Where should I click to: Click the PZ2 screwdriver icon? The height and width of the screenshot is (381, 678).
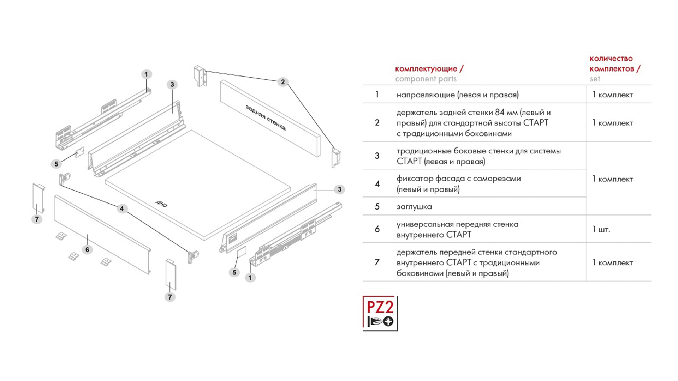(x=380, y=313)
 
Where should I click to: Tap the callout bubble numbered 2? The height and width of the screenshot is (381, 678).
(x=282, y=82)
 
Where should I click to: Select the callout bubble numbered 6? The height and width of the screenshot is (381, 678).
(x=87, y=250)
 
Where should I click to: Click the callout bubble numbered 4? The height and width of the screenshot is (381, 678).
(x=122, y=209)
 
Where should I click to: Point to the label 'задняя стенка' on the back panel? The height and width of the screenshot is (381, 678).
(x=266, y=118)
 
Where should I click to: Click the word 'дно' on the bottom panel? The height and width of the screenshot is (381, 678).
(x=161, y=204)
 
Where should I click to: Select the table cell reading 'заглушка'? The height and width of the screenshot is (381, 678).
(x=414, y=207)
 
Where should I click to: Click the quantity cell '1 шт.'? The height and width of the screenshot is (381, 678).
(x=601, y=230)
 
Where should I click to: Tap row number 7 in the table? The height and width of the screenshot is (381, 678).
(x=377, y=262)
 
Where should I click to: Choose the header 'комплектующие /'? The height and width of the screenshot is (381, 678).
(x=429, y=69)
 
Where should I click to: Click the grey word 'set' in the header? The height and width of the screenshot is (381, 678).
(x=595, y=79)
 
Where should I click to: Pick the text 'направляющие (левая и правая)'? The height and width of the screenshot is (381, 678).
(x=457, y=95)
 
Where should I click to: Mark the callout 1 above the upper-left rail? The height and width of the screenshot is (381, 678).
(x=146, y=74)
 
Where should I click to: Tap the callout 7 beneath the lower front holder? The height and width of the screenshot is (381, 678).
(x=170, y=297)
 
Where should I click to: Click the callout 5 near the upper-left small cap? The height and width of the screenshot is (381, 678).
(x=56, y=164)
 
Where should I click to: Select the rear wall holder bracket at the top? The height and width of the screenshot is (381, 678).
(x=200, y=75)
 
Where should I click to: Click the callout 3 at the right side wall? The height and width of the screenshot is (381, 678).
(x=339, y=189)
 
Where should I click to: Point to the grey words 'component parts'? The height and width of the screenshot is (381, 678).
(x=426, y=79)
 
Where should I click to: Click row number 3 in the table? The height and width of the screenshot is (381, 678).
(x=377, y=156)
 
